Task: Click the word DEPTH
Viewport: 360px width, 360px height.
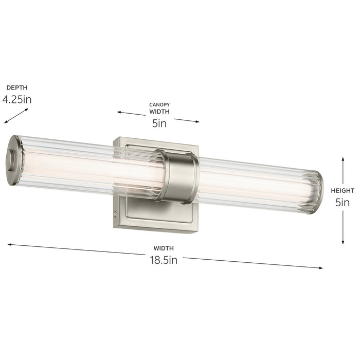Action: pyautogui.click(x=17, y=87)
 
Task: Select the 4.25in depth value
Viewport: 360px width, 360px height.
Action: pyautogui.click(x=17, y=99)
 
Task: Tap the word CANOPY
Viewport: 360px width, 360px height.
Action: pyautogui.click(x=159, y=104)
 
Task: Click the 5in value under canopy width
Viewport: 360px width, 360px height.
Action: pyautogui.click(x=159, y=123)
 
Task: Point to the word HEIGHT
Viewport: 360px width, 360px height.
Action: pyautogui.click(x=343, y=191)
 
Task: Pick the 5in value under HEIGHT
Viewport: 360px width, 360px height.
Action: pyautogui.click(x=343, y=203)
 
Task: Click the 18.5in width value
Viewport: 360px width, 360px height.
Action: pyautogui.click(x=163, y=260)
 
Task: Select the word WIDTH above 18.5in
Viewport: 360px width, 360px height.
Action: pyautogui.click(x=163, y=248)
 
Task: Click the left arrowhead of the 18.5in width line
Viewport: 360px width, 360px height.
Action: pyautogui.click(x=10, y=245)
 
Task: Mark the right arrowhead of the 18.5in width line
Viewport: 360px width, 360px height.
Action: pyautogui.click(x=321, y=268)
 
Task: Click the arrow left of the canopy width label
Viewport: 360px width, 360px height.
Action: pyautogui.click(x=129, y=113)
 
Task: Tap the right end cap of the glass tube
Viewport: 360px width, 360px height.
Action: pyautogui.click(x=318, y=191)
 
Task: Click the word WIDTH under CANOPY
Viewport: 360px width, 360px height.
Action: pyautogui.click(x=159, y=111)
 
